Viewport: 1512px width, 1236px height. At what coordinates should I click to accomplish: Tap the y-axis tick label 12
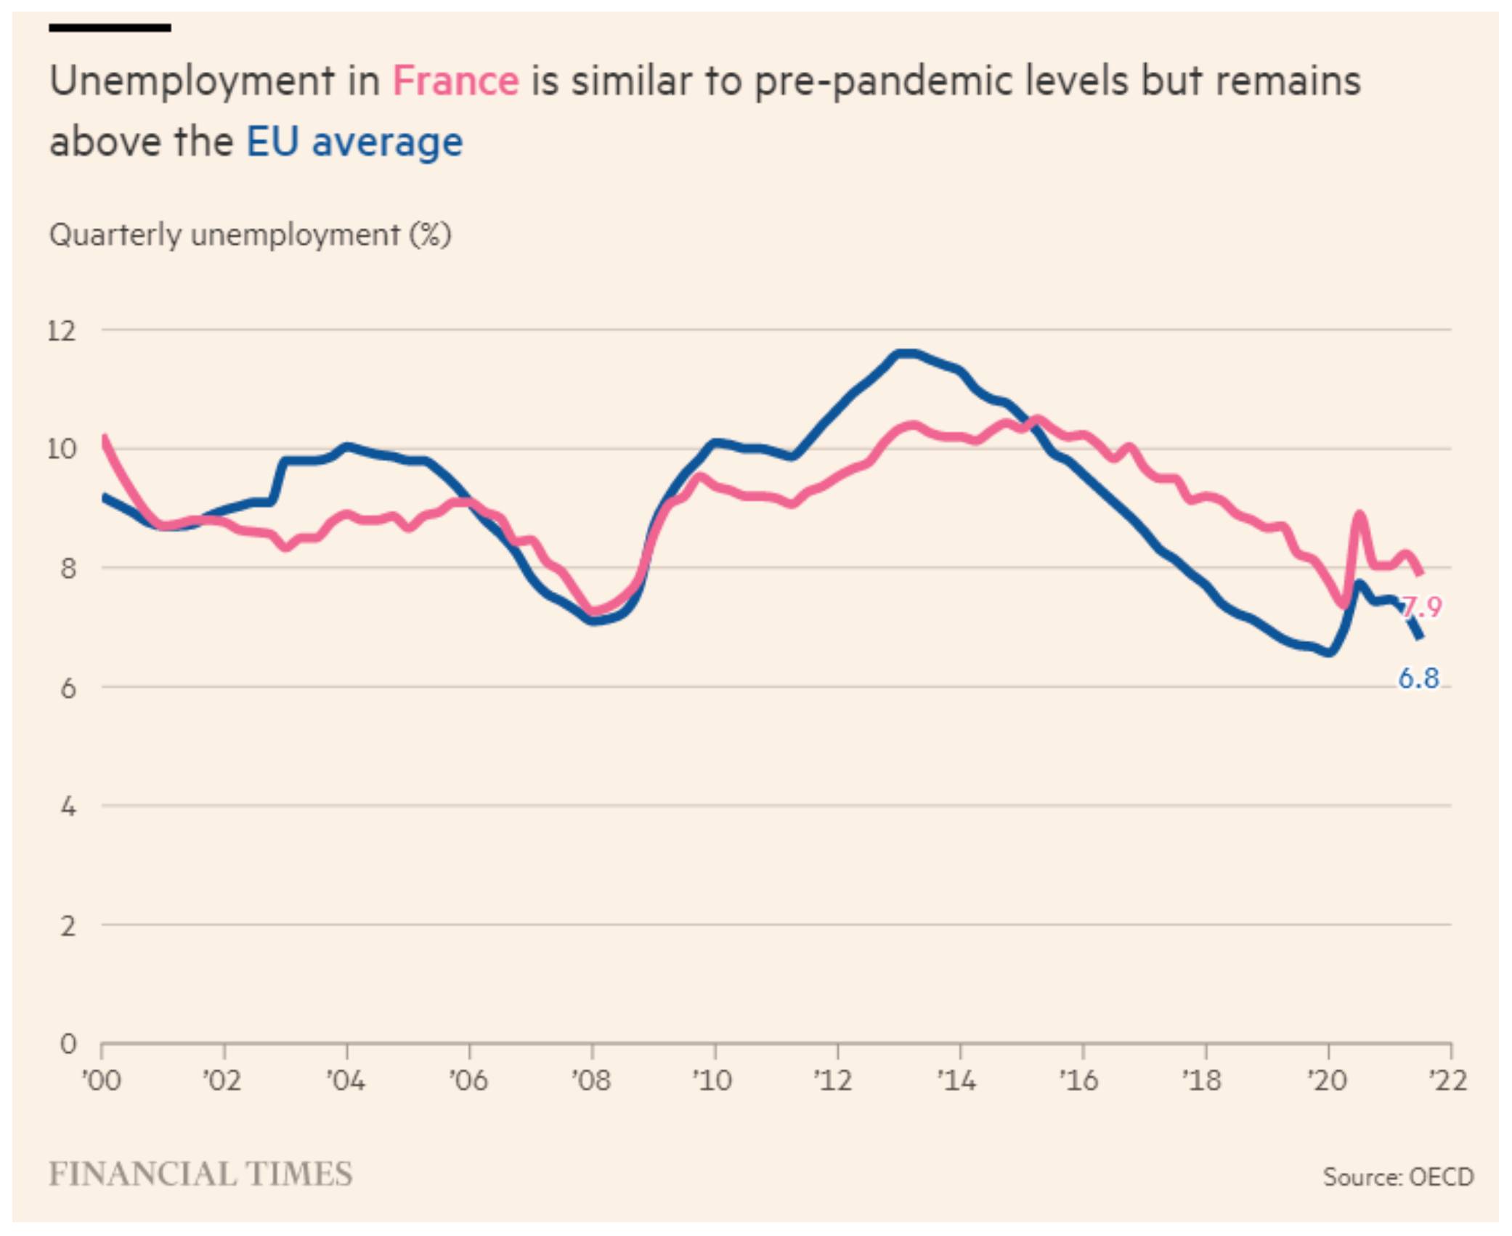coord(62,331)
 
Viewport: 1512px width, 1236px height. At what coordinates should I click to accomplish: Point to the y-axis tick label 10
coord(62,450)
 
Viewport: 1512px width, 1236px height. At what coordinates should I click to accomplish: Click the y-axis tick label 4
coord(68,806)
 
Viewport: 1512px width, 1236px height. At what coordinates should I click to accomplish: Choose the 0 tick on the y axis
coord(68,1044)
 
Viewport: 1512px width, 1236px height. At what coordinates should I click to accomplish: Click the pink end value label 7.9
coord(1421,607)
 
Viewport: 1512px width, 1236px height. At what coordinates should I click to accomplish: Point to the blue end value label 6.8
coord(1418,678)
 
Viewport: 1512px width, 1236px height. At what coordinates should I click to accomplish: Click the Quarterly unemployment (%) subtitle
coord(250,235)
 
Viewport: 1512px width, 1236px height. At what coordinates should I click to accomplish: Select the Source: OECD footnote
coord(1398,1176)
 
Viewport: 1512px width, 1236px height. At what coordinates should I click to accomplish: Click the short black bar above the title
coord(110,28)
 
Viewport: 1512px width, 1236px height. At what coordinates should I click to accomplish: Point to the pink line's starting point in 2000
coord(105,437)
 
